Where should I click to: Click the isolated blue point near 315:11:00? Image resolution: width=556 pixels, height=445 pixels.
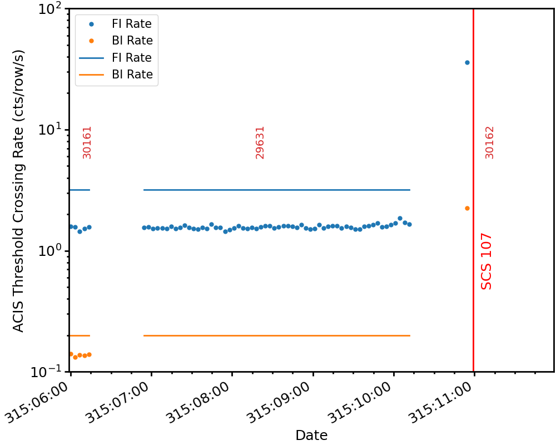point(467,62)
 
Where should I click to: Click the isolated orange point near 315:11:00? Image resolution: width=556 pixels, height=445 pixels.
point(467,208)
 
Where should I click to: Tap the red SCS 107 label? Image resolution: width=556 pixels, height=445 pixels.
point(486,261)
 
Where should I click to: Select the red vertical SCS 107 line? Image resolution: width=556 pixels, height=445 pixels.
point(473,190)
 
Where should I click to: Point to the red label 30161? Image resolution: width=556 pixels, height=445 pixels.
point(87,142)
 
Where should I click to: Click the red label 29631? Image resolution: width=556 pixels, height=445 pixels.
point(260,142)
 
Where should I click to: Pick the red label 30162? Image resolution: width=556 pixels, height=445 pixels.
point(489,142)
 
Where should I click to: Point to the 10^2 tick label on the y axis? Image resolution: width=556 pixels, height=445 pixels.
point(51,8)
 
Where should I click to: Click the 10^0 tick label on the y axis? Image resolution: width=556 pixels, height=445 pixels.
point(51,250)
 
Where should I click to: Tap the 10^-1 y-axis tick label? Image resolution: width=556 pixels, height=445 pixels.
point(47,371)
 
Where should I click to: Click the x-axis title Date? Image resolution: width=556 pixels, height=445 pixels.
point(311,434)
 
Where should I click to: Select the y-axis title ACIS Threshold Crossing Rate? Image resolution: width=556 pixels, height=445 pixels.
point(18,191)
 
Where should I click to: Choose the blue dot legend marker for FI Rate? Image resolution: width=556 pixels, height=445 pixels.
point(91,24)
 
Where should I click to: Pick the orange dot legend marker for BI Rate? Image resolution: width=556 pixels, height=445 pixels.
point(91,41)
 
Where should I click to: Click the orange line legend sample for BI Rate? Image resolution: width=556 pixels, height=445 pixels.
point(91,75)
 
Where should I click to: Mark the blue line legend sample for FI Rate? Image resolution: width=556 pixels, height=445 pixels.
point(91,58)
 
